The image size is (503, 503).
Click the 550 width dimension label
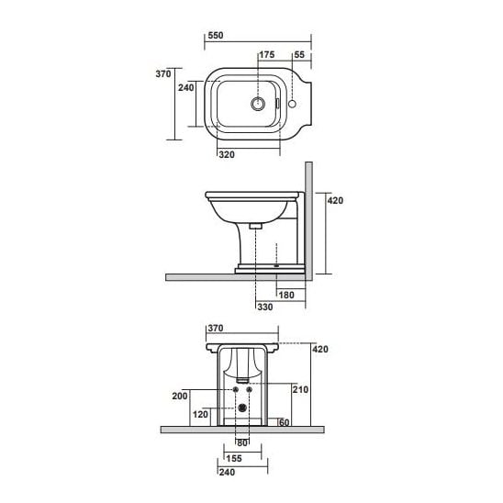point(216,35)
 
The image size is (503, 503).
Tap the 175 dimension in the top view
point(267,55)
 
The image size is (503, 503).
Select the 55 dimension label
point(299,55)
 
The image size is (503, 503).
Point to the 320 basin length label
point(227,154)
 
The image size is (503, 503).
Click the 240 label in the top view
point(186,87)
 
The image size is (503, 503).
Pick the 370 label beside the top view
point(163,73)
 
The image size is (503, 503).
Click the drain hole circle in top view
point(258,104)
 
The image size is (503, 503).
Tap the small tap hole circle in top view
point(292,104)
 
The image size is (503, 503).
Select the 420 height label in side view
point(335,200)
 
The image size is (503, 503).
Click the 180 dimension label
point(286,296)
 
